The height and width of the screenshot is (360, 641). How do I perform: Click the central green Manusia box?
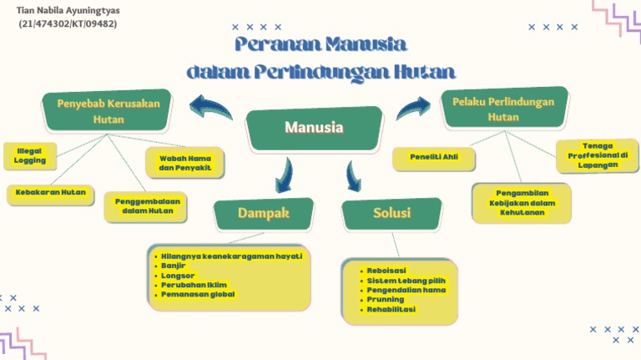314,129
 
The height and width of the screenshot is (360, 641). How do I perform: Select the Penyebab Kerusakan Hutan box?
108,111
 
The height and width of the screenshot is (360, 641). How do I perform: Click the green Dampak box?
263,214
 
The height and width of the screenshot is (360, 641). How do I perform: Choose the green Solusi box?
391,214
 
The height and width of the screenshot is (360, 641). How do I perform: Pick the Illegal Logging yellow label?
30,155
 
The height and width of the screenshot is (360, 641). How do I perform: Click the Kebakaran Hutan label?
51,192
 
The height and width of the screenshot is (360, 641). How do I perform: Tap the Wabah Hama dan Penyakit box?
185,163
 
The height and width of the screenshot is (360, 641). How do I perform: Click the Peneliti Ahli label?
434,156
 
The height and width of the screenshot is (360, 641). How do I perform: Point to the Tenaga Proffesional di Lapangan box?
598,155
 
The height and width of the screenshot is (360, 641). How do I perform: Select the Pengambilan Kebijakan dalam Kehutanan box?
522,203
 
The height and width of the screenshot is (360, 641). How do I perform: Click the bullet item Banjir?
174,266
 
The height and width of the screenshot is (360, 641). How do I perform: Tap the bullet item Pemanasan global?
198,294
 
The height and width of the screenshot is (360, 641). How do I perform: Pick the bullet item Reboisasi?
387,271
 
